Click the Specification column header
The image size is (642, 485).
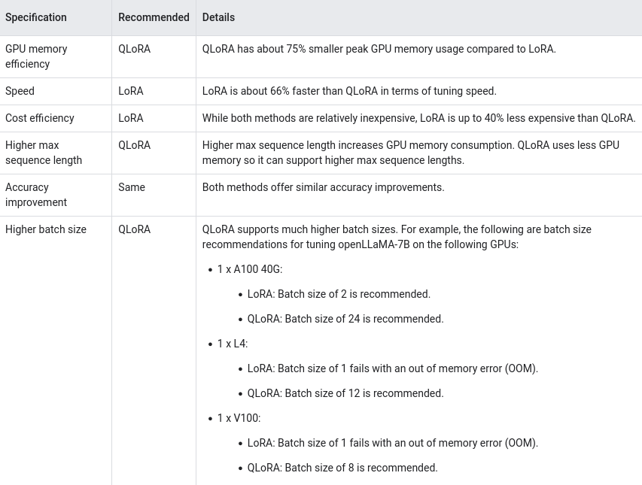click(x=36, y=17)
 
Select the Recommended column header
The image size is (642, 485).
click(x=154, y=17)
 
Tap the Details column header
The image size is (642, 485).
click(x=218, y=17)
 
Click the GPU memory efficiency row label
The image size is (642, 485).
click(x=36, y=56)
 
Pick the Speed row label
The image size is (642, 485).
click(x=20, y=91)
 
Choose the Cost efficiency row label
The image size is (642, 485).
click(x=40, y=118)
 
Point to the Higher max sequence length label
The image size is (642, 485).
click(x=44, y=153)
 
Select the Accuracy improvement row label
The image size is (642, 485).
click(x=36, y=195)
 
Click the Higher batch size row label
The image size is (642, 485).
click(x=46, y=229)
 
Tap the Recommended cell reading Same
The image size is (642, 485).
click(x=132, y=187)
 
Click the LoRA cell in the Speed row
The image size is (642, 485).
click(x=131, y=91)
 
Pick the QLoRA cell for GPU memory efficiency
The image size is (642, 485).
click(x=134, y=49)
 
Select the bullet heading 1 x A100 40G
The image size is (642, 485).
click(x=249, y=269)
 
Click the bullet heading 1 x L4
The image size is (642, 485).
click(x=232, y=344)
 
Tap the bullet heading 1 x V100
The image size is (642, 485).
click(x=239, y=418)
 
